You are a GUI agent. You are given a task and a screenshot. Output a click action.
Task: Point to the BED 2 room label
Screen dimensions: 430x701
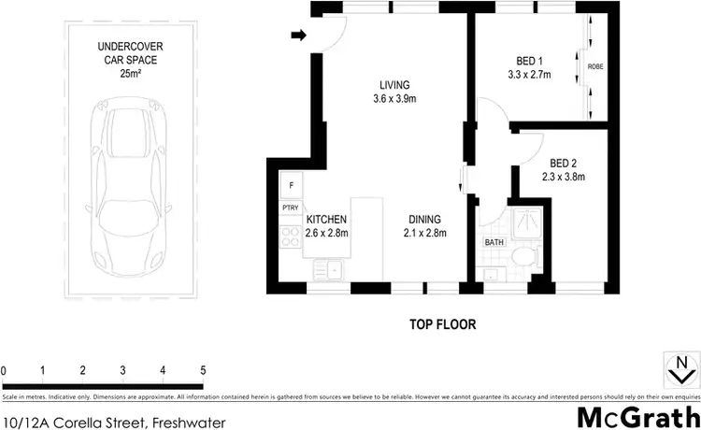tap(562, 160)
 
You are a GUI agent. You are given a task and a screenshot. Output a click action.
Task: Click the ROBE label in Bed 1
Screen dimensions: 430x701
tap(595, 66)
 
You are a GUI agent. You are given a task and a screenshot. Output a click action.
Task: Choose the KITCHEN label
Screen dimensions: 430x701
tap(326, 220)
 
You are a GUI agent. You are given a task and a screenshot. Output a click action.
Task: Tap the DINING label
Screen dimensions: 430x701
tap(425, 220)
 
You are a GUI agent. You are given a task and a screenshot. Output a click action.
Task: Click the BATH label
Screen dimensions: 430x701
tap(494, 243)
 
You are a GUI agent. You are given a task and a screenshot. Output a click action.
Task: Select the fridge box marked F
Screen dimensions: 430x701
tap(291, 185)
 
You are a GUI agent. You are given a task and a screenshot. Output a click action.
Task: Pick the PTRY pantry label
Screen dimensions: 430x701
tap(290, 208)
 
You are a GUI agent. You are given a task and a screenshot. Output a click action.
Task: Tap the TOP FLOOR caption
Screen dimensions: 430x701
tap(443, 325)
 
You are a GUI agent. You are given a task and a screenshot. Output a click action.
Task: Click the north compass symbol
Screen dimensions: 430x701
tap(680, 369)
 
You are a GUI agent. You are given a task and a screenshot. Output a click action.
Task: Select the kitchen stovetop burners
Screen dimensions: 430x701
tap(286, 235)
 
